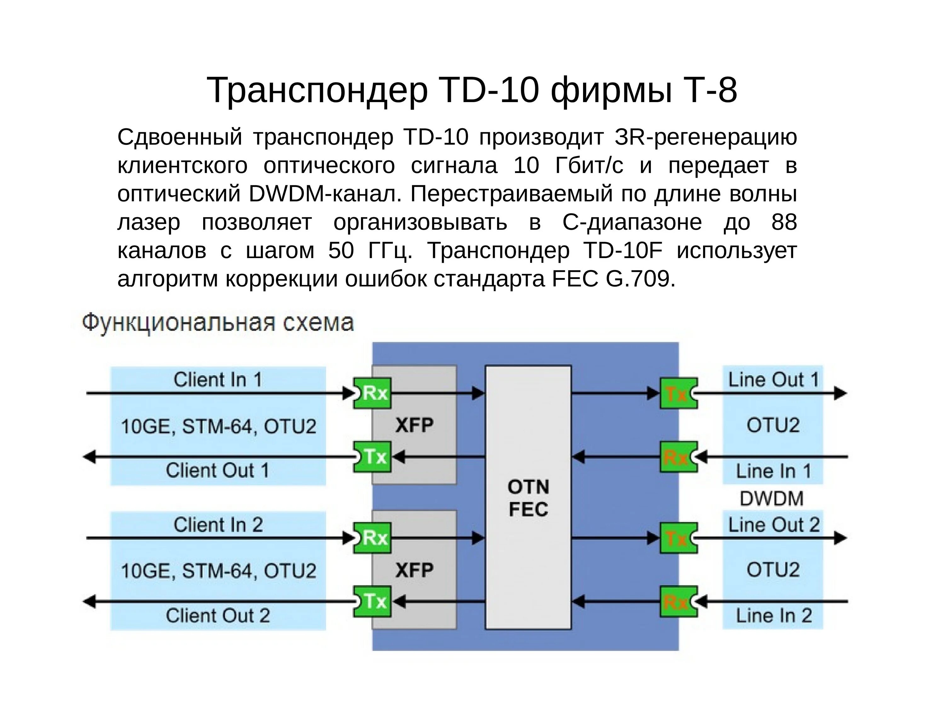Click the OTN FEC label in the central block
[x=528, y=498]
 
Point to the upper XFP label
[x=414, y=425]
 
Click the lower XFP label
[x=414, y=570]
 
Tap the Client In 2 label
[x=218, y=525]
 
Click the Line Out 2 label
[x=774, y=525]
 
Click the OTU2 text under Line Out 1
[x=773, y=425]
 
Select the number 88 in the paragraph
[x=784, y=222]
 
